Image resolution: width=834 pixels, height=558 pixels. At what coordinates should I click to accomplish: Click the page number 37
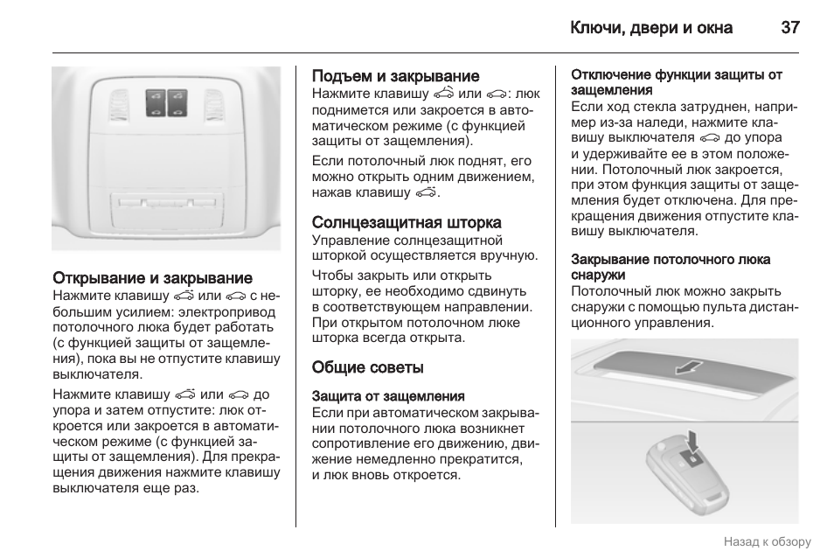coord(790,27)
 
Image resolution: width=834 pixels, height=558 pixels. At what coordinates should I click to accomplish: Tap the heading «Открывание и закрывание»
coord(153,278)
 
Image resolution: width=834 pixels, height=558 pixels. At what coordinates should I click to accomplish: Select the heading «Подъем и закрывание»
coord(396,76)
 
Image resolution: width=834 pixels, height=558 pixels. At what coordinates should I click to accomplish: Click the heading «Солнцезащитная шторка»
coord(407,223)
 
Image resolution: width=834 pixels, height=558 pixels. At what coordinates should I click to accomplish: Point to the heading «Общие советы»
coord(368,367)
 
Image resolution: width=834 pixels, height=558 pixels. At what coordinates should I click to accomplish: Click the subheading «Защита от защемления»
coord(388,396)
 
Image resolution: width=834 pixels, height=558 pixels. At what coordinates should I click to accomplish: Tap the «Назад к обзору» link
coord(767,542)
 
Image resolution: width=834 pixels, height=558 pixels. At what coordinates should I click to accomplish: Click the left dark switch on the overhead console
coord(156,102)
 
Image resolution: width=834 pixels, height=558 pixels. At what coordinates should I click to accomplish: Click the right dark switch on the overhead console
coord(178,102)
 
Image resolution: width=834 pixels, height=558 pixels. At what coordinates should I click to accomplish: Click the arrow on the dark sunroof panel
coord(690,366)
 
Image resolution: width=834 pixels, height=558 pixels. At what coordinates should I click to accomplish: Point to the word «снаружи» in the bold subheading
coord(595,275)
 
